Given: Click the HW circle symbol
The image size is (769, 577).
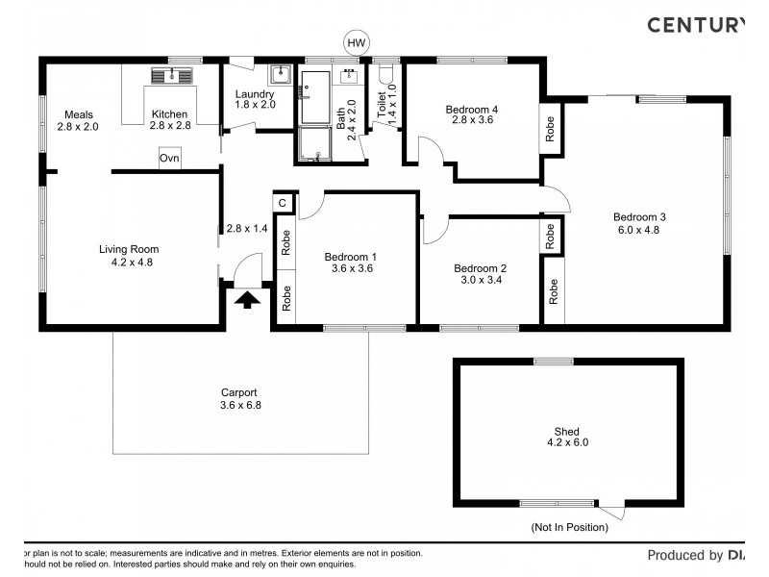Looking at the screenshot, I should coord(357,42).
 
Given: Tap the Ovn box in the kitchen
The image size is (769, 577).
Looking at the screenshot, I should coord(170,159).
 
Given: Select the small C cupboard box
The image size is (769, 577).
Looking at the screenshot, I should coord(284,203).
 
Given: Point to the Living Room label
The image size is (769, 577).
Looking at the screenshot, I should coord(127,249).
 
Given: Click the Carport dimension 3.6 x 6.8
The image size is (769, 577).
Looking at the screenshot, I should coord(240,405).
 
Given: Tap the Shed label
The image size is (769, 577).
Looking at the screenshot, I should coord(567,432).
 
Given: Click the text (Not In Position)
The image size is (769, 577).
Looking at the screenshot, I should coord(569,527).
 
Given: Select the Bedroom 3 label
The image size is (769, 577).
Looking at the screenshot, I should coord(639,217).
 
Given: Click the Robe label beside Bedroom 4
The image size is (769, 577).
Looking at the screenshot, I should coord(550,129).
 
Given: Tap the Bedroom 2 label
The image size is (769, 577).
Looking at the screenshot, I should coord(480,268).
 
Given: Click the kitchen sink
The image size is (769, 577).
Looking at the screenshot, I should coord(172,75).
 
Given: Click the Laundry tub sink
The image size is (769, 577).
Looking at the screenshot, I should coord(280,74).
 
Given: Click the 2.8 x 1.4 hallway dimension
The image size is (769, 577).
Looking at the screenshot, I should coord(246,229).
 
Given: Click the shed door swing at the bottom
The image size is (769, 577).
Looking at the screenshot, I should coord(612,510).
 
